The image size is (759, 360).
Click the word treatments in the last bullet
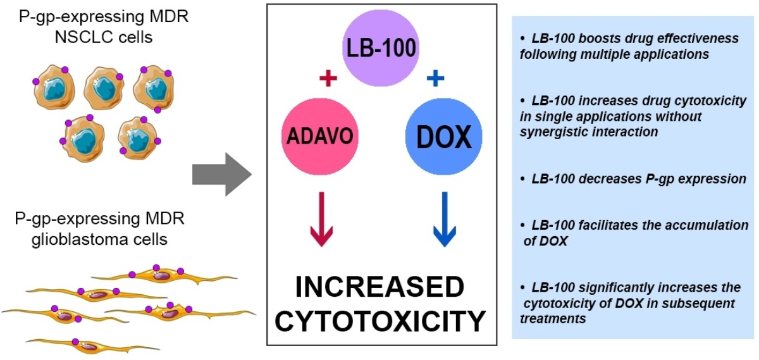(552, 318)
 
